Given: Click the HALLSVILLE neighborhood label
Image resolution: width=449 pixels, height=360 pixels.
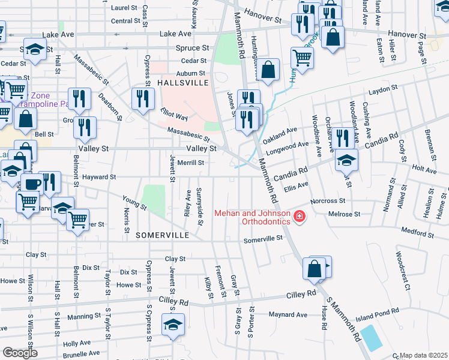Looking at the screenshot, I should click(182, 82).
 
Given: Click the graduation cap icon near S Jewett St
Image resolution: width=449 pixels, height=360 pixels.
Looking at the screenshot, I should click(173, 325).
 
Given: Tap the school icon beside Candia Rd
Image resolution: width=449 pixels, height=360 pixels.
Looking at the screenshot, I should click(346, 160).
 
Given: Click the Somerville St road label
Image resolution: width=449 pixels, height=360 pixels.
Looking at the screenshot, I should click(263, 239).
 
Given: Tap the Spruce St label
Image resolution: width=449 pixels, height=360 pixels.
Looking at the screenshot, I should click(192, 47).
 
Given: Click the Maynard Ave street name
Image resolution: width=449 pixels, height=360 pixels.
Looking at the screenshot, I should click(288, 314).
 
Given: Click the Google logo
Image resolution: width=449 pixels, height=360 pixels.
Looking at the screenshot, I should click(20, 353).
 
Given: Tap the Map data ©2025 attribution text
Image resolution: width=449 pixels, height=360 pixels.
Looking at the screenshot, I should click(424, 355).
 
